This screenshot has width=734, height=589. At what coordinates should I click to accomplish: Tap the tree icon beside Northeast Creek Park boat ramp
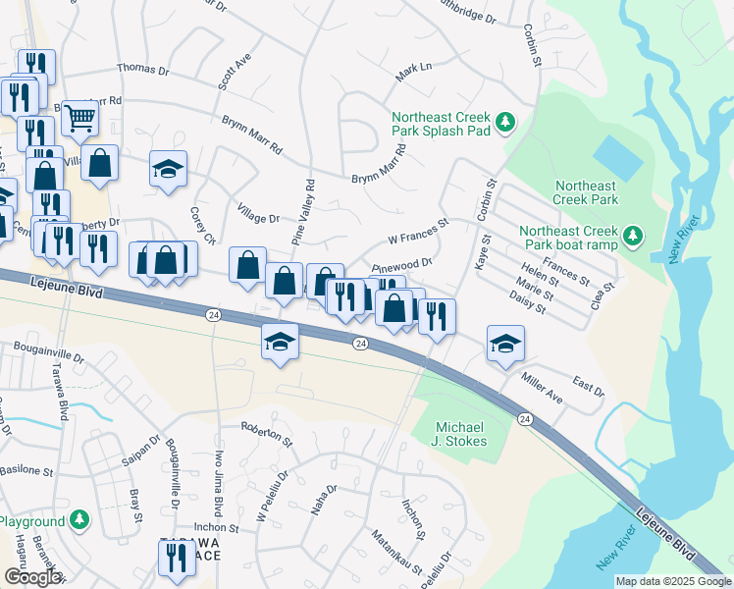634,235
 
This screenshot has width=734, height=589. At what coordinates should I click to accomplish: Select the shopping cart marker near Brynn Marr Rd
80,119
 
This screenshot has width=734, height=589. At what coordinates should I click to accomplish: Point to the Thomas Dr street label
143,70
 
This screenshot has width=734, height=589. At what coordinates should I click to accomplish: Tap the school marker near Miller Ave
506,344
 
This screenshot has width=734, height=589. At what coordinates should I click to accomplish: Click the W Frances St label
418,230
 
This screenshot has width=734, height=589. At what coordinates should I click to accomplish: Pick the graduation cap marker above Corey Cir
169,168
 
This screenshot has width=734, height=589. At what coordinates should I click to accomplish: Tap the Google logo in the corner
32,577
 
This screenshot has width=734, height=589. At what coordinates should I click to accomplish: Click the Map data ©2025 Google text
673,581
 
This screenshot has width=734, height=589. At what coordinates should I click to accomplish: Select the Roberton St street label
268,434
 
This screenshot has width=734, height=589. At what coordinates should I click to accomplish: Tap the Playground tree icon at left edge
79,520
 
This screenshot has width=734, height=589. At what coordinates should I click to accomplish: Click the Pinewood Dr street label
403,265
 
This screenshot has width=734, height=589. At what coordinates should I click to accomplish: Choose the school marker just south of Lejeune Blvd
280,344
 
